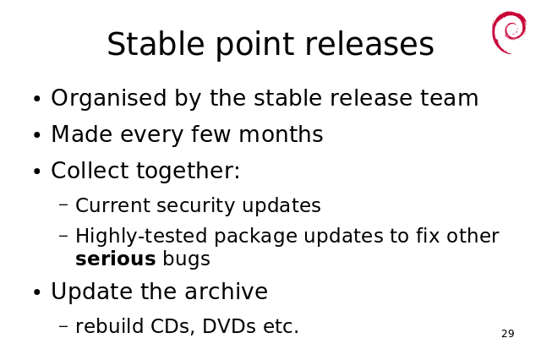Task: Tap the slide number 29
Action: [508, 334]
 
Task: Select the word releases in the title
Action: [369, 44]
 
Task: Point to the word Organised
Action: [109, 99]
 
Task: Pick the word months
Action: [281, 134]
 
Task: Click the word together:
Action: [189, 171]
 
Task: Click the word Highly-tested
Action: [141, 236]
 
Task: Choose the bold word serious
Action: [116, 259]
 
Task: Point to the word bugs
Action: [186, 259]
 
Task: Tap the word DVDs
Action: [229, 326]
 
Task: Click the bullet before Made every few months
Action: [37, 135]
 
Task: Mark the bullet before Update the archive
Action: [37, 292]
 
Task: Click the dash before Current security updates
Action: [64, 205]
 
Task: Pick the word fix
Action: [428, 236]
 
